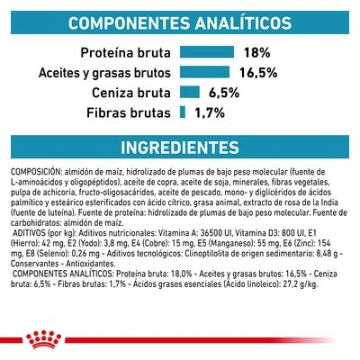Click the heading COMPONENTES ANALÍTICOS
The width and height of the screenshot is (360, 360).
[x=180, y=21]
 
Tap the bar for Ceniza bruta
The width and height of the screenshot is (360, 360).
[x=189, y=92]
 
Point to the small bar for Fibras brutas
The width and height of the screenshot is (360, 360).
[x=181, y=112]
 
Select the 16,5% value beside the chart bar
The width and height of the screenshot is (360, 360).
[x=259, y=71]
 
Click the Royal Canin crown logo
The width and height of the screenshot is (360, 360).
[x=180, y=337]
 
